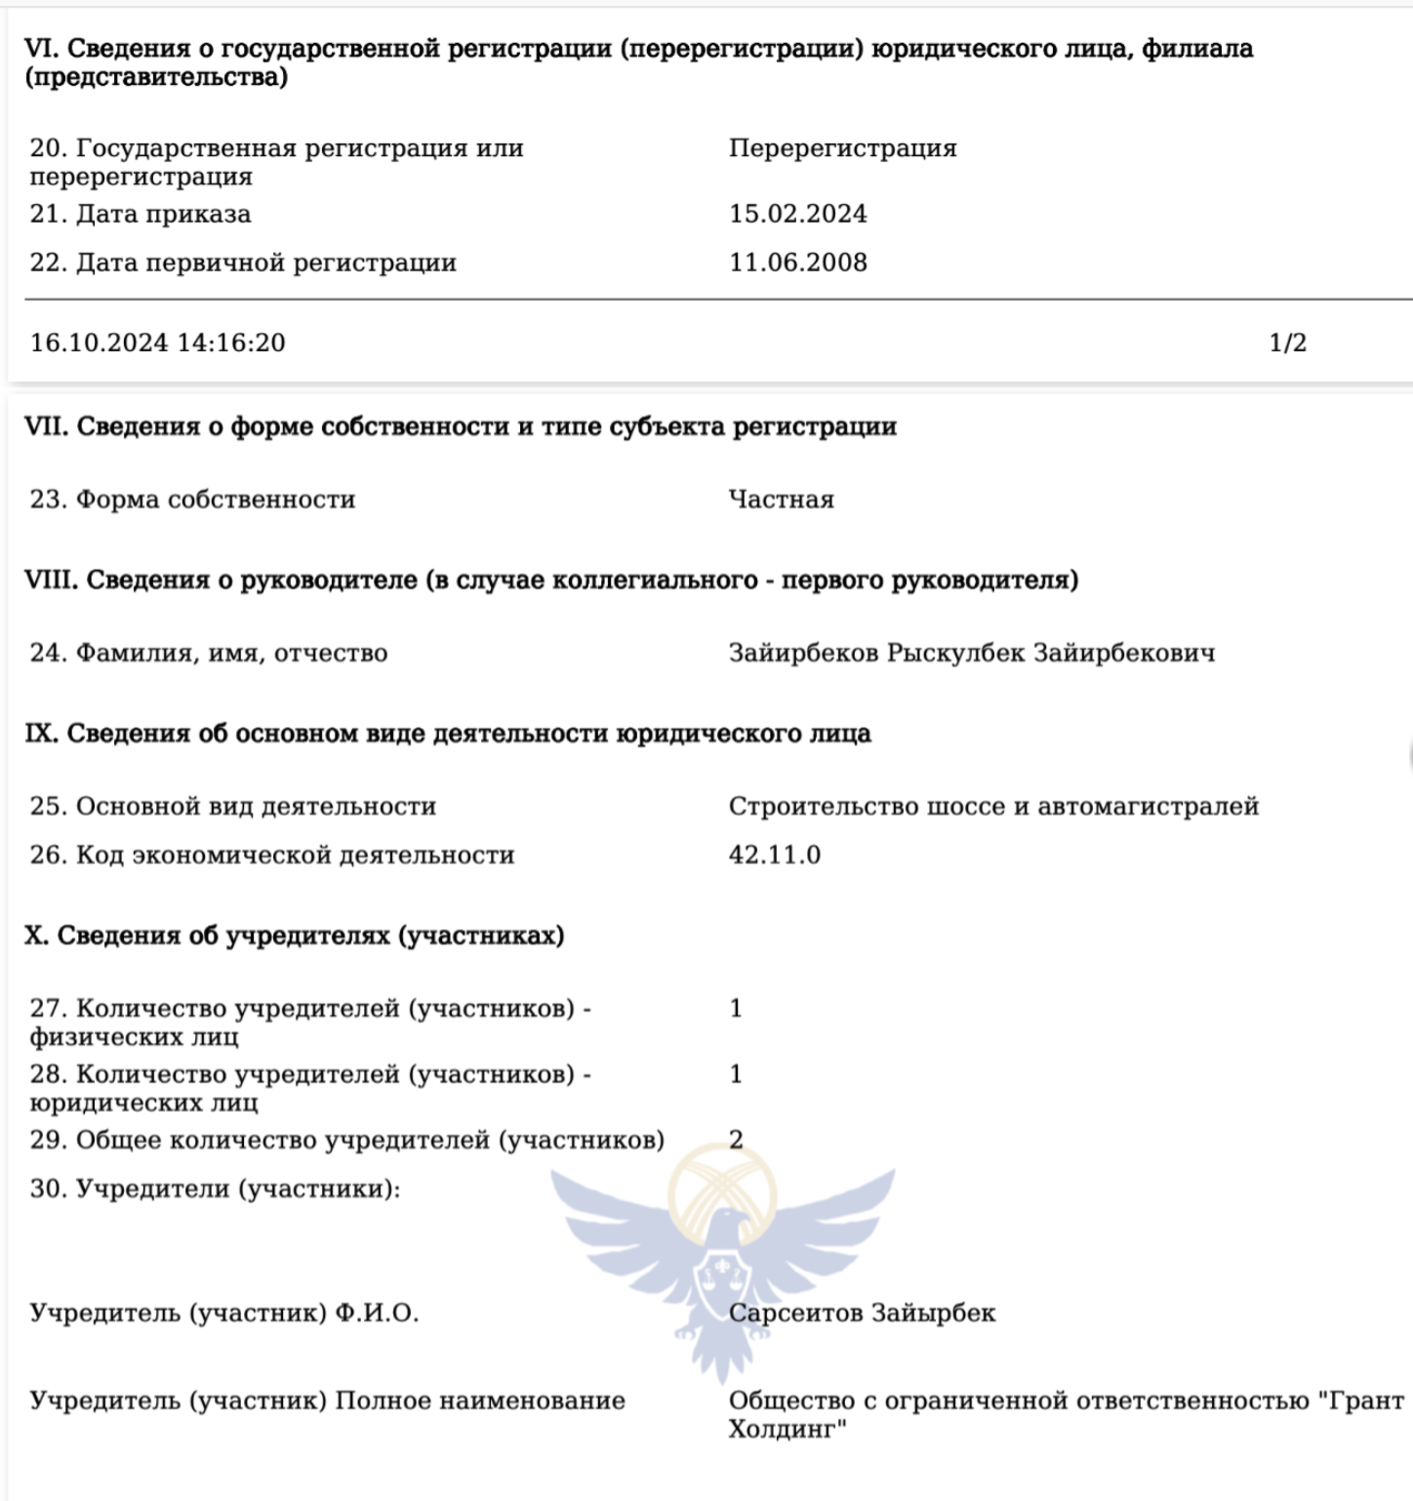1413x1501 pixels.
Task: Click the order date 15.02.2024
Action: point(797,214)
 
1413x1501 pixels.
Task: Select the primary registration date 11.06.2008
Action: point(797,263)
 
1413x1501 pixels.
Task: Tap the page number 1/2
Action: point(1287,343)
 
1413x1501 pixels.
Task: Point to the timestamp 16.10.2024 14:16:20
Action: point(158,343)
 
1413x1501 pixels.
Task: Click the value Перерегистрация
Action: point(842,148)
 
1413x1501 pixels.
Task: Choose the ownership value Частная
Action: point(781,500)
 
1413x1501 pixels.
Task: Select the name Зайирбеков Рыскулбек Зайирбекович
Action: point(971,653)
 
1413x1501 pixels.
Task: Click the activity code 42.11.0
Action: point(774,855)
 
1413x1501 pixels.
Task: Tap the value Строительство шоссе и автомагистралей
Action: point(993,806)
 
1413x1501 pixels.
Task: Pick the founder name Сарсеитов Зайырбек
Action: point(862,1313)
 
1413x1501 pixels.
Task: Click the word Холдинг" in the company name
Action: point(787,1430)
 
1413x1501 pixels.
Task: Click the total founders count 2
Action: point(736,1140)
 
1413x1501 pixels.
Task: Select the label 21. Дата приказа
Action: point(141,214)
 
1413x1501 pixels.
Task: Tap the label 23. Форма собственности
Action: point(192,500)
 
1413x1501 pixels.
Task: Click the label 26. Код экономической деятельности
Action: point(271,855)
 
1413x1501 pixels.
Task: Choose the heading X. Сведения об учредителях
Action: point(294,935)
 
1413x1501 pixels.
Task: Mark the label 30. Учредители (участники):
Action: point(215,1189)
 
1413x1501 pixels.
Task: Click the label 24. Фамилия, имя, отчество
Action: point(208,653)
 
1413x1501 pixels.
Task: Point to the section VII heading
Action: point(460,426)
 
